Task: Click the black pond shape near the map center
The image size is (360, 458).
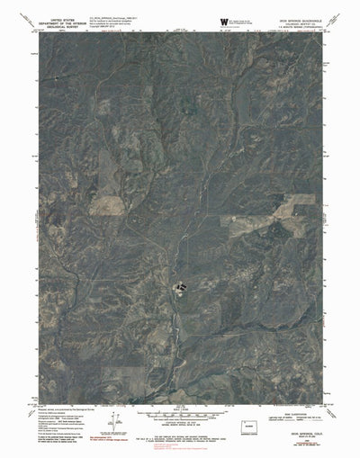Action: [180, 287]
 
